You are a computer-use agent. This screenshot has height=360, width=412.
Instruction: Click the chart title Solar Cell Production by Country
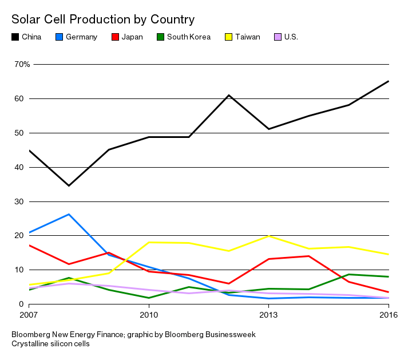pyautogui.click(x=103, y=19)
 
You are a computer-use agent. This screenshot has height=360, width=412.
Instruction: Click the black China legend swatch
pyautogui.click(x=15, y=37)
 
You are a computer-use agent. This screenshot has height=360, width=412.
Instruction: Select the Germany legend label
pyautogui.click(x=81, y=37)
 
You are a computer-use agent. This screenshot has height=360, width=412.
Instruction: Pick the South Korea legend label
pyautogui.click(x=188, y=37)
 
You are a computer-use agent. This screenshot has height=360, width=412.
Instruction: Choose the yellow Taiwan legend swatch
pyautogui.click(x=228, y=37)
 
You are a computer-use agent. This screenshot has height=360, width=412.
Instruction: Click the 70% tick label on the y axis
pyautogui.click(x=22, y=64)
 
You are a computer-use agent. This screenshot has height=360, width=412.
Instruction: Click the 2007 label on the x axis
pyautogui.click(x=28, y=315)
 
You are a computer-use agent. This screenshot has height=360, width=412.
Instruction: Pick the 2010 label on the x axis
pyautogui.click(x=149, y=315)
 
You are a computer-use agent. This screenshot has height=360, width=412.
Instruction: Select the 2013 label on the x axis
pyautogui.click(x=269, y=315)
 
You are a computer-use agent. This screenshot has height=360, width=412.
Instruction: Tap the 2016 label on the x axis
pyautogui.click(x=389, y=315)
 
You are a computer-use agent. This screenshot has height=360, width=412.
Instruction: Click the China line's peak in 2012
pyautogui.click(x=229, y=95)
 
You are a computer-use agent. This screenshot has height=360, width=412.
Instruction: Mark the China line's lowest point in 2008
pyautogui.click(x=69, y=185)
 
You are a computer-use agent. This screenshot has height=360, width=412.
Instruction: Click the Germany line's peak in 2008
pyautogui.click(x=69, y=215)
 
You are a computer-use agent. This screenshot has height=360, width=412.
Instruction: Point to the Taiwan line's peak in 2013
pyautogui.click(x=269, y=236)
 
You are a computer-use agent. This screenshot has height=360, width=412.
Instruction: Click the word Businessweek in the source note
pyautogui.click(x=228, y=334)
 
